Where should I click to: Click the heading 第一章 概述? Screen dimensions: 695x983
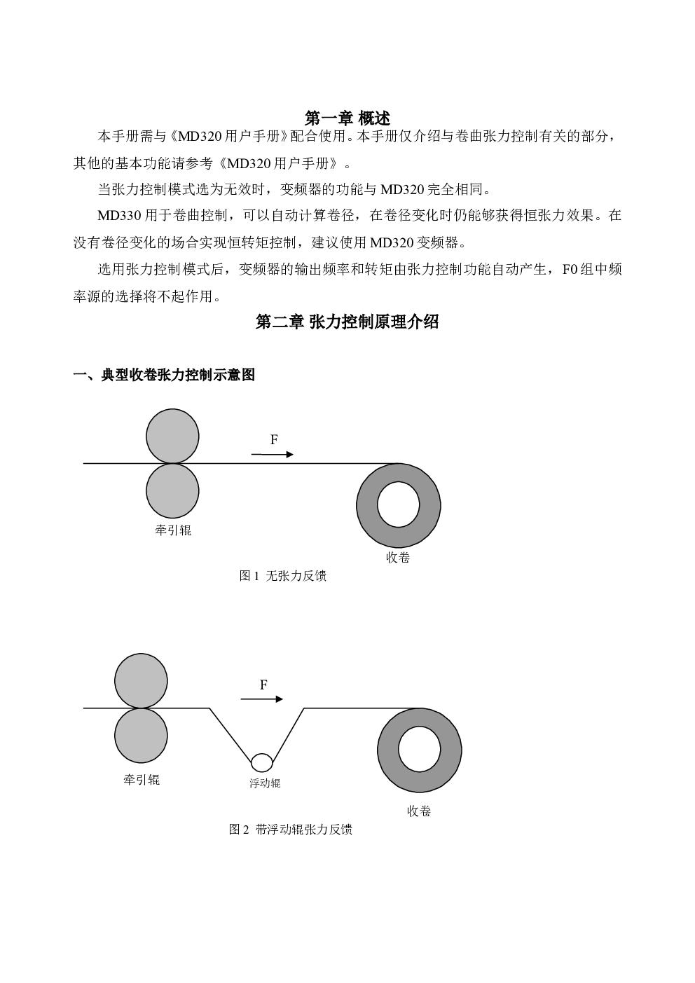(x=347, y=118)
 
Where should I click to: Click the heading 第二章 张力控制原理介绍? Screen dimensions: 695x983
(x=347, y=322)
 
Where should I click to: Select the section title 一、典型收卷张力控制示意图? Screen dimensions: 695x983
(x=164, y=375)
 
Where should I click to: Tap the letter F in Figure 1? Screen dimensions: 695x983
(x=274, y=439)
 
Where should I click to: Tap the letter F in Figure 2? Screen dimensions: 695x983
(x=263, y=685)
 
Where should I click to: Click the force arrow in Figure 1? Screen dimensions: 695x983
(x=272, y=455)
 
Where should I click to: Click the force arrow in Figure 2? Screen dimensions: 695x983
(x=262, y=699)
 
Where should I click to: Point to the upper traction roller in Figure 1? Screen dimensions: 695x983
(x=172, y=436)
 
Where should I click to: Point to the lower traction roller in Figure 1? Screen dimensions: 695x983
(x=172, y=490)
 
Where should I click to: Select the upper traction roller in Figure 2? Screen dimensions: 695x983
(x=141, y=681)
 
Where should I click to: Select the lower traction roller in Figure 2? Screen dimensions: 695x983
(x=141, y=736)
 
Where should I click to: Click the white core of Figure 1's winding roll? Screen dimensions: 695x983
(x=399, y=504)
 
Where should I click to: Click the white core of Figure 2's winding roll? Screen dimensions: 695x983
(x=420, y=749)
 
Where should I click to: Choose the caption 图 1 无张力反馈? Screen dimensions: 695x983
(x=283, y=576)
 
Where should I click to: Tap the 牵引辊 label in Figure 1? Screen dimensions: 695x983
(x=173, y=530)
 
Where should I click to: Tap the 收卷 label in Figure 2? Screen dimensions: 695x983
(x=419, y=811)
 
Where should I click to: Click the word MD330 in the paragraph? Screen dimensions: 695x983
(x=119, y=216)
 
